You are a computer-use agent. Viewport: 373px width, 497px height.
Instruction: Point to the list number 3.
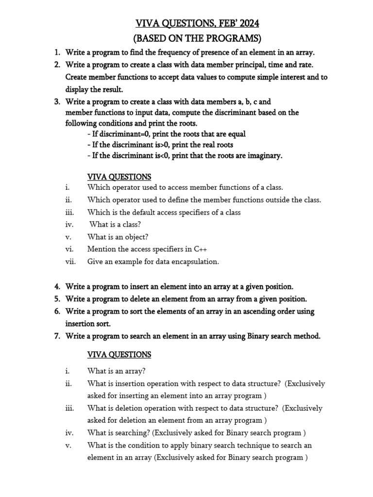57,102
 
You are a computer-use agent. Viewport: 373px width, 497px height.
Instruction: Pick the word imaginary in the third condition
263,156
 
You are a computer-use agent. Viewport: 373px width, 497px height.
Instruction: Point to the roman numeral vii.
70,262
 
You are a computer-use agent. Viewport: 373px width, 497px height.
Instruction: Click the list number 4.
57,287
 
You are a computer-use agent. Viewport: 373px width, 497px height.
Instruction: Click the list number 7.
57,336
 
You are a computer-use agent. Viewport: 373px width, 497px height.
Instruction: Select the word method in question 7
306,336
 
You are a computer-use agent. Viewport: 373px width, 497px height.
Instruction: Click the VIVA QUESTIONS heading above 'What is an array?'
119,355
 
